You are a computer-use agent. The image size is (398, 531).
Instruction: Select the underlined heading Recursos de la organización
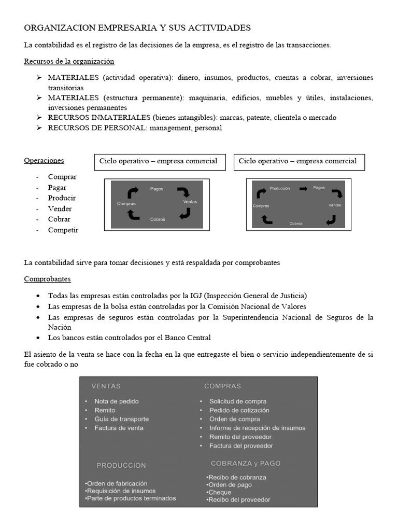(69, 61)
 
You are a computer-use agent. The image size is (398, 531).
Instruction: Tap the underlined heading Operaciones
(44, 160)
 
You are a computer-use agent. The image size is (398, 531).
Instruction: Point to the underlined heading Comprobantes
(47, 279)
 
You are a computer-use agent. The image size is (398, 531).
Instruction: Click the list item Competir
(63, 230)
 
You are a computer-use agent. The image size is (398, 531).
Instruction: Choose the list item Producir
(62, 198)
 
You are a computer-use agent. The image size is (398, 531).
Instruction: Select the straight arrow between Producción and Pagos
(303, 188)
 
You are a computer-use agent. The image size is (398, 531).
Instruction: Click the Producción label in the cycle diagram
(280, 188)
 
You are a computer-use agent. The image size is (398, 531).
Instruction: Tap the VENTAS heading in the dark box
(106, 386)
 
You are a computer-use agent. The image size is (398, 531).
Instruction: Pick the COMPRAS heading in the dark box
(222, 386)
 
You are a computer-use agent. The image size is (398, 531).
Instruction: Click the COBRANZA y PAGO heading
(246, 463)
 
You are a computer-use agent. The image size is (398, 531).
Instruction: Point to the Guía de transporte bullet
(121, 419)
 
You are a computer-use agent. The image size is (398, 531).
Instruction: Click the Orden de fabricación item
(117, 483)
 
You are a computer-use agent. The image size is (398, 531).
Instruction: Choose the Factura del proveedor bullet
(241, 445)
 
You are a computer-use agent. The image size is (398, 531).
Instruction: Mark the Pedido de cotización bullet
(239, 410)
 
